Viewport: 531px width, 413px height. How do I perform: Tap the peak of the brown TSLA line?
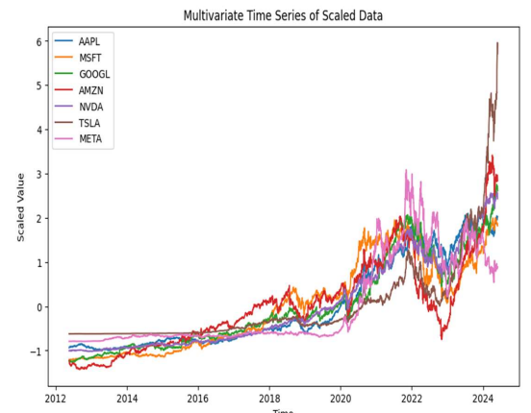(497, 43)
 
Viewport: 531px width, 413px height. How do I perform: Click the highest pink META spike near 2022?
(406, 171)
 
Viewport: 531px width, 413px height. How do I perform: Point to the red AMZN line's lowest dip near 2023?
(442, 338)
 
